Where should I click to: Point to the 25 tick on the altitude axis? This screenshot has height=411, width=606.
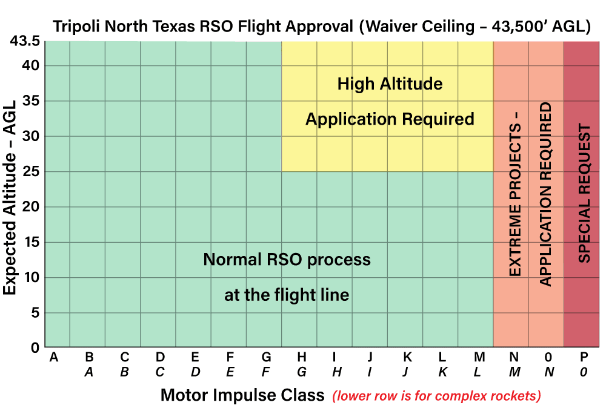31,171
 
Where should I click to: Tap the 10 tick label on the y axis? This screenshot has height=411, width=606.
31,277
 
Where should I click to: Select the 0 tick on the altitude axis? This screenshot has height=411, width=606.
35,348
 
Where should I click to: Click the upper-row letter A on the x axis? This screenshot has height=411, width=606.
53,358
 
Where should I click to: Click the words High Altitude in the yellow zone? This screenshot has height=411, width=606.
390,84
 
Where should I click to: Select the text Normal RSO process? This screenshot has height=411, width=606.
287,260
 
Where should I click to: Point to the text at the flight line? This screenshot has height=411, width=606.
287,295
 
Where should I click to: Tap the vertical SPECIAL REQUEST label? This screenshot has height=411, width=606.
584,193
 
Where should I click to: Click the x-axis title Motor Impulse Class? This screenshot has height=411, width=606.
242,396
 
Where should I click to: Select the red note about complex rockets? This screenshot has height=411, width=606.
436,396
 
